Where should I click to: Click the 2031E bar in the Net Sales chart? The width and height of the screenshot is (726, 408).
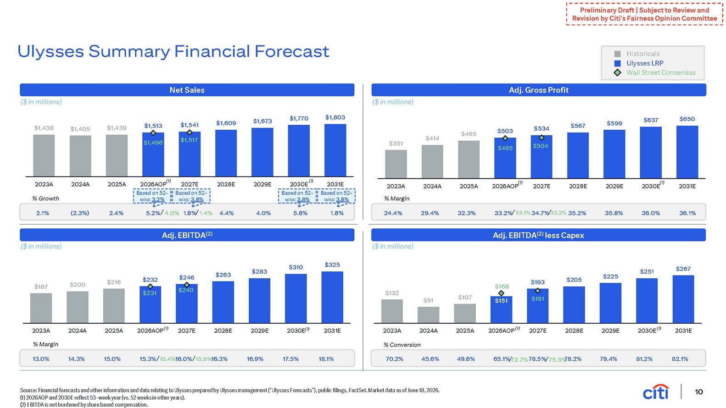335,150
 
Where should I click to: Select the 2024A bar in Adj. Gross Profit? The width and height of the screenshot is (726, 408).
432,161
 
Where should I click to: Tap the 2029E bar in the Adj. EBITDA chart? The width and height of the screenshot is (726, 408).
259,300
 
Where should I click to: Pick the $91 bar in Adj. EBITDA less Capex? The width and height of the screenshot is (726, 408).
429,315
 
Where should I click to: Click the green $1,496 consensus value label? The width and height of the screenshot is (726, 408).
153,143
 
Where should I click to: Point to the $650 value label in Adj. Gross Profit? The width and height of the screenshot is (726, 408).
687,119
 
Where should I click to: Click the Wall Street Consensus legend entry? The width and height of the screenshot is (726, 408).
655,72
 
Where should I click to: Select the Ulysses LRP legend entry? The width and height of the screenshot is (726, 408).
639,63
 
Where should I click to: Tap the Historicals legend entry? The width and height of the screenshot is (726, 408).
637,54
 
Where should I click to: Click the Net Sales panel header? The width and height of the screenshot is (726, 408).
187,90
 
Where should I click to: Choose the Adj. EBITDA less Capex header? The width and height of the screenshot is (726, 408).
538,235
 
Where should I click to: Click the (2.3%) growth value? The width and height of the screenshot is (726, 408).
80,213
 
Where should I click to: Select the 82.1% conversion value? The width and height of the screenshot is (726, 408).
680,359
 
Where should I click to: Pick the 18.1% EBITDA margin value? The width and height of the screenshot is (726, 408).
326,359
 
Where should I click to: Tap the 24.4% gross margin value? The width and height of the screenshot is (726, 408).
393,213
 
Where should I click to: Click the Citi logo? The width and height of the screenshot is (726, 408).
656,392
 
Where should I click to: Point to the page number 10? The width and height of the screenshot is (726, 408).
699,392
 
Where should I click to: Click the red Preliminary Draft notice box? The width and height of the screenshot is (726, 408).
644,14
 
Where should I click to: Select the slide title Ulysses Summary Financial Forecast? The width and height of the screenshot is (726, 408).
173,52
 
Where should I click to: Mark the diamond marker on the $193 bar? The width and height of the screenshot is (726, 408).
538,291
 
